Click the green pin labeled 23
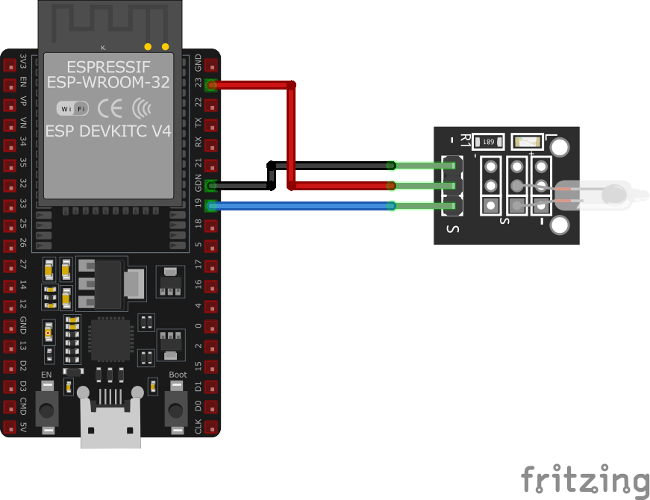[213, 85]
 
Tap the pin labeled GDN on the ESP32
[213, 186]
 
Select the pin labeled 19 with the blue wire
[213, 206]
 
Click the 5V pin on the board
[10, 428]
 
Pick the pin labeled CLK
[213, 428]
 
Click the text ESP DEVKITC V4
[109, 131]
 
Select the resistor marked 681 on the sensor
[488, 141]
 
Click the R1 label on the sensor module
[466, 141]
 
